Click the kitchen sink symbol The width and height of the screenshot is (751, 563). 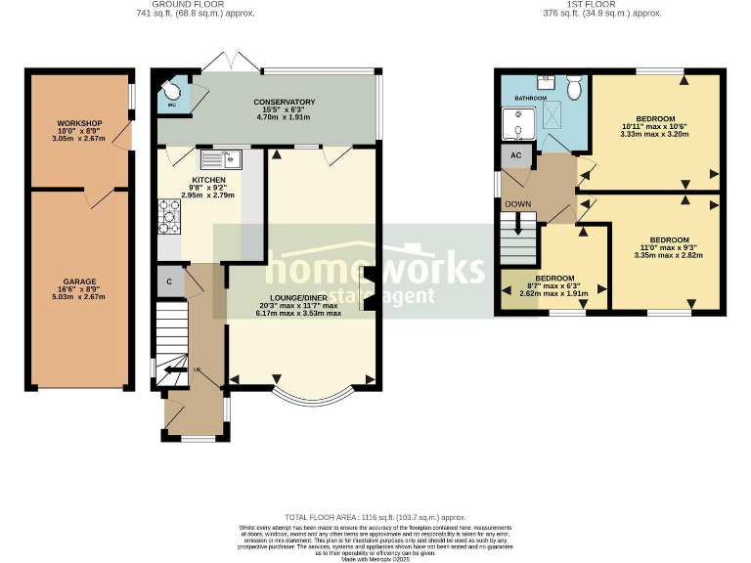[221, 157]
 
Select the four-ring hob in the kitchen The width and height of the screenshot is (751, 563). [166, 217]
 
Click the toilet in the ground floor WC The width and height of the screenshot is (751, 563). [171, 85]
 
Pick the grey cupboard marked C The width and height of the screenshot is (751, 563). [169, 281]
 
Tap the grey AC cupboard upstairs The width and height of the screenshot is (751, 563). [513, 155]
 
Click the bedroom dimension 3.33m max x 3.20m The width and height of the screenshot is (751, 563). [654, 133]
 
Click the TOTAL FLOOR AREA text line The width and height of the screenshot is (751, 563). [375, 517]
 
